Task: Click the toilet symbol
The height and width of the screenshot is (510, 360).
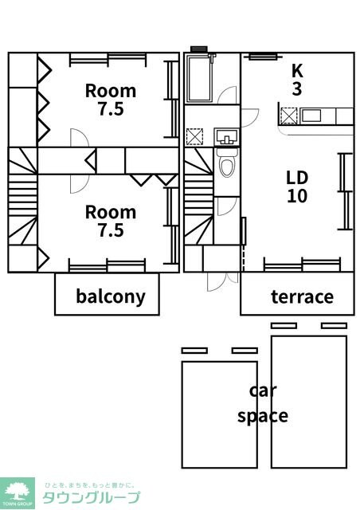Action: click(227, 163)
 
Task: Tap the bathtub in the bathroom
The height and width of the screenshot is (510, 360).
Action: click(198, 79)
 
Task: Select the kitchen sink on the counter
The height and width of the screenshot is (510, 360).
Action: click(311, 116)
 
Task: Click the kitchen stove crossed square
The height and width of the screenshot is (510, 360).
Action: click(288, 116)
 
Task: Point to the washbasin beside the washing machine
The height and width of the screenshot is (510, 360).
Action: click(227, 137)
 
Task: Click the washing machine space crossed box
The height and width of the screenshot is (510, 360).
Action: click(194, 136)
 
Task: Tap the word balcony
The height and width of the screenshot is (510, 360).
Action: click(111, 296)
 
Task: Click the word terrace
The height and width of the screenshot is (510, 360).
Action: click(302, 297)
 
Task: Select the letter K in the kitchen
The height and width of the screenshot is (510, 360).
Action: click(297, 71)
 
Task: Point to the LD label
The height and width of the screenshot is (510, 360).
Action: click(297, 178)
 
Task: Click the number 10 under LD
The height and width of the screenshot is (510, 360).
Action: click(297, 196)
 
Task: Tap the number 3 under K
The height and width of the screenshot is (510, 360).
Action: click(297, 88)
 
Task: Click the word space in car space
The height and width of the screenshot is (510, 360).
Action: click(263, 416)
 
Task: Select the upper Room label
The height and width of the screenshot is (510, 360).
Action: click(111, 91)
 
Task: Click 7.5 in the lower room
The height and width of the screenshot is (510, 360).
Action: click(111, 230)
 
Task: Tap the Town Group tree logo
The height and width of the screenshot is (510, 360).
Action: click(18, 492)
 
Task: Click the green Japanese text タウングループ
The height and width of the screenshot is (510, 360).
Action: click(92, 497)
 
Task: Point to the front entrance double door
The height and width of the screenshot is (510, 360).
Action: click(222, 281)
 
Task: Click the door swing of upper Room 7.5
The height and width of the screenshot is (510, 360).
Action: click(80, 138)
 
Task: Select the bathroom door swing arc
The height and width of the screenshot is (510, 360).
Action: click(227, 96)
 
